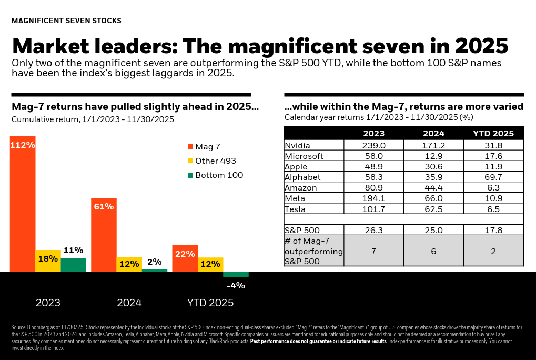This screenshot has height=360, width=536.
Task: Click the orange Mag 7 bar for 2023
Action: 23,205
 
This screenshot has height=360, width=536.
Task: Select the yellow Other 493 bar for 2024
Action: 129,264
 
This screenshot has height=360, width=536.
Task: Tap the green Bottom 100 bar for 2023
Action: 74,265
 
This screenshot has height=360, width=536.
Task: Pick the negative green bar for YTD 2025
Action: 236,274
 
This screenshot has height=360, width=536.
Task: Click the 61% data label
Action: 104,207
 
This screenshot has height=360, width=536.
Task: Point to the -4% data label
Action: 236,286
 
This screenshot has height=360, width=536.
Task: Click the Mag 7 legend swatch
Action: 190,146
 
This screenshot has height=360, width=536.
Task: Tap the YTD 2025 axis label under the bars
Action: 210,303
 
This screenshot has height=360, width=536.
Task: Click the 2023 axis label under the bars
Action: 48,303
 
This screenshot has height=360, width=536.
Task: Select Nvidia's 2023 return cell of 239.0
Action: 373,146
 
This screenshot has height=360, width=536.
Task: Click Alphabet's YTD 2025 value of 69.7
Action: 493,177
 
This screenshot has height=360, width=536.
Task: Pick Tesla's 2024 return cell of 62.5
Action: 433,209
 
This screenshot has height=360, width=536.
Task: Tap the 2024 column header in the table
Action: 433,134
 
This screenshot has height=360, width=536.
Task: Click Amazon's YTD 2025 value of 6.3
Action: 493,188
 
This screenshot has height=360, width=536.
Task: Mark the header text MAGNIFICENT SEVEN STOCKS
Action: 66,21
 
